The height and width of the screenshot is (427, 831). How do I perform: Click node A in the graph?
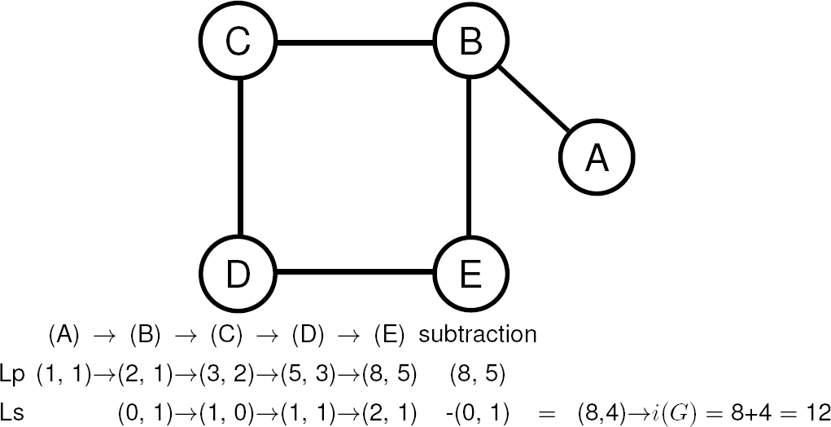click(x=597, y=158)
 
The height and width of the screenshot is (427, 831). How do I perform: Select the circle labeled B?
click(x=470, y=42)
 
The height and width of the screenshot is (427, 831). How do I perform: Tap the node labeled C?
click(x=237, y=42)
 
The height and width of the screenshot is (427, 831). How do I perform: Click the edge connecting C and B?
click(x=354, y=42)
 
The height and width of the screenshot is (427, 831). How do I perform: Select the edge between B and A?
click(x=533, y=99)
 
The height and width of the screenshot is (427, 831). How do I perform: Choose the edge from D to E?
click(x=354, y=272)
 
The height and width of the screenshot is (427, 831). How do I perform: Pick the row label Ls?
click(x=13, y=412)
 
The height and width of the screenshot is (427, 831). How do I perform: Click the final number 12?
click(x=816, y=412)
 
